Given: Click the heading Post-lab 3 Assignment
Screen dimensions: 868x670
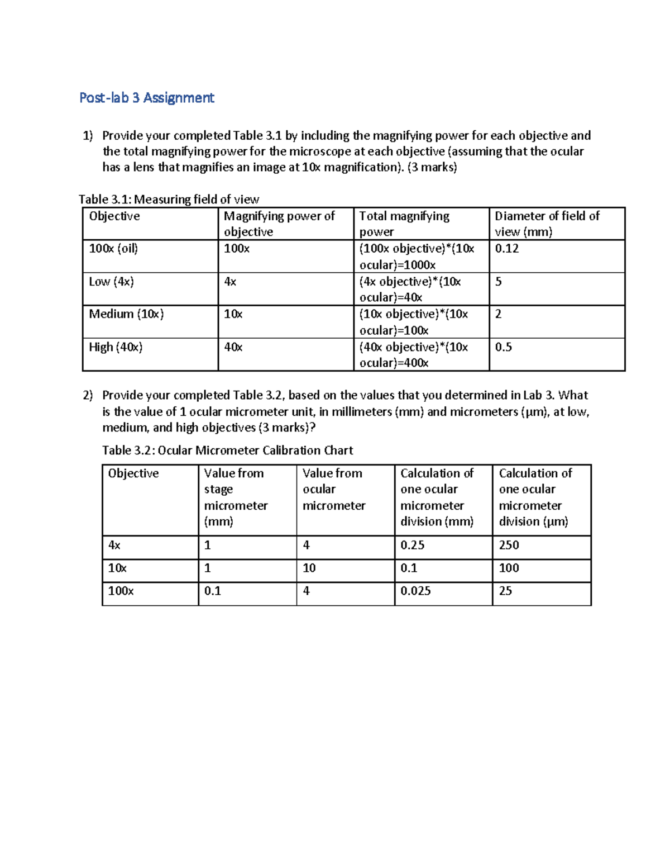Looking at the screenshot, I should pos(146,98).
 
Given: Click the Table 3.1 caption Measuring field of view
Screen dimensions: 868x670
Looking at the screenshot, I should pos(169,200).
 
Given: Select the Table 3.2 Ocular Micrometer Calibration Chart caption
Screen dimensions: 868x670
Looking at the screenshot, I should pos(227,450).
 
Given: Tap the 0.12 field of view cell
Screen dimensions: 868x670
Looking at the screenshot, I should pos(506,249).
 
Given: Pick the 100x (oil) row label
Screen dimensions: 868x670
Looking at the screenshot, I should pos(113,249).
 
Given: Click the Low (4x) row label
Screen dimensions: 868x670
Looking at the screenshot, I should pos(111,282).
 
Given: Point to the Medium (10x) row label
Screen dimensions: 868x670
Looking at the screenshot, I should pos(126,314).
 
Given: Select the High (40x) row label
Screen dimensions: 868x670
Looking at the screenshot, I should pos(116,347).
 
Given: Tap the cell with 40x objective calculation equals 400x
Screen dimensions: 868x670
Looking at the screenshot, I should pos(413,355).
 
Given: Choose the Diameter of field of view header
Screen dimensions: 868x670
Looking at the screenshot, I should pos(547,224).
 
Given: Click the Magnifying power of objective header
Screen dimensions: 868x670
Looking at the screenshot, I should pos(279,224).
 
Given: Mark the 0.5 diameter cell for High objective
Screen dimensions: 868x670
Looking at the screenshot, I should pos(503,347).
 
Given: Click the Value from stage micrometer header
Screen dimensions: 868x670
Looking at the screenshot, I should pos(235,497).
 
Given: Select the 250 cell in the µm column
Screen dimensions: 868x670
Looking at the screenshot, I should pos(509,545).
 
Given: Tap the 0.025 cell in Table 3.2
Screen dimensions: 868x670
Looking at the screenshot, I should pos(415,591).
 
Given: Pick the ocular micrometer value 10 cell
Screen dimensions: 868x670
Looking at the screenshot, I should pos(309,568).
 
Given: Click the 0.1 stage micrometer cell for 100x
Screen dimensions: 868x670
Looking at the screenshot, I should pos(212,591).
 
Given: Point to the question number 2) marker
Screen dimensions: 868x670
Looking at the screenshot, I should pos(88,396).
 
